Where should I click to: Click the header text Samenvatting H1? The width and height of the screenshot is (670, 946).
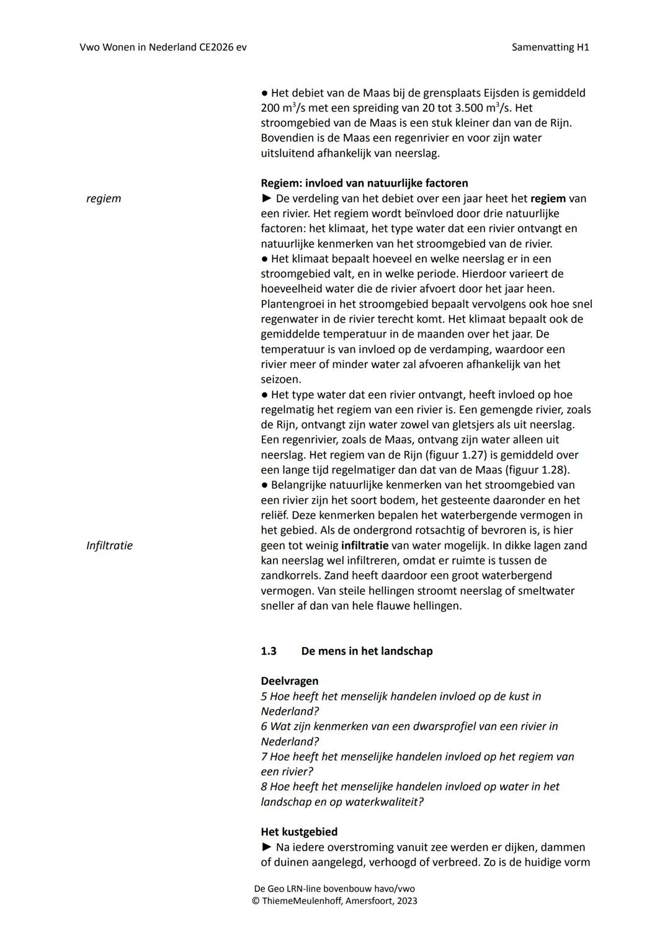[x=550, y=47]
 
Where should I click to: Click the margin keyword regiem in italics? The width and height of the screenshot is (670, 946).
[x=104, y=199]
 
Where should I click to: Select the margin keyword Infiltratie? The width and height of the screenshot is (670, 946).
[x=109, y=545]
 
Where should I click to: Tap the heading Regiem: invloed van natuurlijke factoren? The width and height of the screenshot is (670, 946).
[x=364, y=183]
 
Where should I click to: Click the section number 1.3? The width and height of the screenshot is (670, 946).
[x=268, y=651]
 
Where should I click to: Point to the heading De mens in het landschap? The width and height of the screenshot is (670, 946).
[x=367, y=651]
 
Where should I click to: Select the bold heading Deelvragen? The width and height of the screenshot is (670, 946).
[x=289, y=680]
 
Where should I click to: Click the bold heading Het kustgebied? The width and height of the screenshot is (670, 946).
[x=299, y=832]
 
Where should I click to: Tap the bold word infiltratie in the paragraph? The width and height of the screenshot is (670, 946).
[x=364, y=545]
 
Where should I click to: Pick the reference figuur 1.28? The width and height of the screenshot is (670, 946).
[x=536, y=470]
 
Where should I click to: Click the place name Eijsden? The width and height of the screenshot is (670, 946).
[x=501, y=92]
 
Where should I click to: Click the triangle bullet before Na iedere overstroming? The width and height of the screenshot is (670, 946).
[x=266, y=847]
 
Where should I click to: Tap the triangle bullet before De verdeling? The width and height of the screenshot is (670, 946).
[x=266, y=199]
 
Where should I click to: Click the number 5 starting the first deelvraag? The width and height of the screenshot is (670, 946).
[x=264, y=696]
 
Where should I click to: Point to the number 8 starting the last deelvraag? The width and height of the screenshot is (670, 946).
[x=264, y=787]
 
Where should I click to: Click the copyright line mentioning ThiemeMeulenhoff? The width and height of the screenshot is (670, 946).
[x=334, y=901]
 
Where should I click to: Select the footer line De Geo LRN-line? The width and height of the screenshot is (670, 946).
[x=334, y=888]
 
